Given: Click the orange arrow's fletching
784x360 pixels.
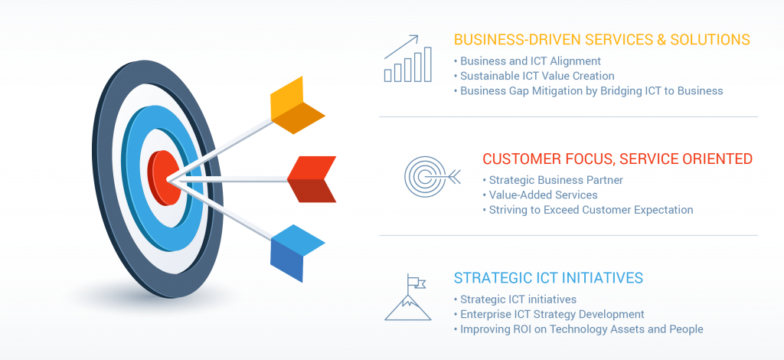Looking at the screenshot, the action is click(295, 106).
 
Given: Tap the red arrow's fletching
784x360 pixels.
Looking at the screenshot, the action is click(312, 179).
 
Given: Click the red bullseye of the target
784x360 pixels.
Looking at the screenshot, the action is click(165, 178).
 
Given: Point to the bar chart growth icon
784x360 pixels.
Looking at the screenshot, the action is click(407, 58).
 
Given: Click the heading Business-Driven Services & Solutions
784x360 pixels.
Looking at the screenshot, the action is click(602, 40).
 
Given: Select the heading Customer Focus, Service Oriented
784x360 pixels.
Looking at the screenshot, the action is click(618, 159).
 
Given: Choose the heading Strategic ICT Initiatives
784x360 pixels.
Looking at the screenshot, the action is click(548, 277).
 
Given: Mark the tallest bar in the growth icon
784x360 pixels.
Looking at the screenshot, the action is click(427, 64).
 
